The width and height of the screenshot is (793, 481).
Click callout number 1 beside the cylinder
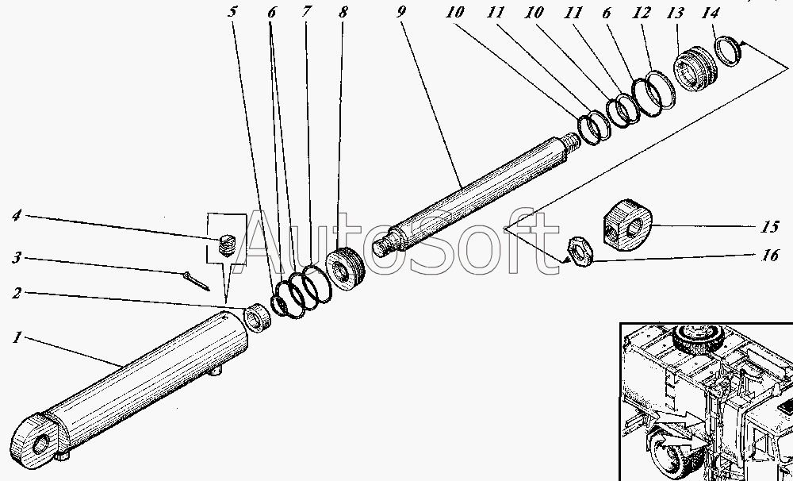[x=17, y=337]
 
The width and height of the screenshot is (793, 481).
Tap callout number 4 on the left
[x=17, y=216]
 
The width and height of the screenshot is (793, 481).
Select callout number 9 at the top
[x=401, y=12]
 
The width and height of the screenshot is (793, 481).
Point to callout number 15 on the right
[x=770, y=226]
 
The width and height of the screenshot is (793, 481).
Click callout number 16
[x=770, y=255]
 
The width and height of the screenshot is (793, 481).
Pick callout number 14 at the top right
[x=710, y=13]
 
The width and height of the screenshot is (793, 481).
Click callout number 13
[x=675, y=13]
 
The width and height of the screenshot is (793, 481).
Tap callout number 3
[x=17, y=258]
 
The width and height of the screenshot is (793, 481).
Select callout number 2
[x=17, y=293]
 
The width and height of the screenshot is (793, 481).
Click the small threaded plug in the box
[x=228, y=245]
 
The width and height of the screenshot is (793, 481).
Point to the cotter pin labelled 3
[x=197, y=281]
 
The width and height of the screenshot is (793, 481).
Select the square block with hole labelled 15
[x=627, y=225]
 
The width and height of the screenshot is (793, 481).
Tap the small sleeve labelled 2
[x=257, y=318]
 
